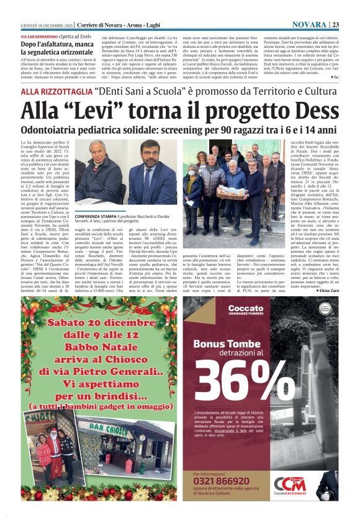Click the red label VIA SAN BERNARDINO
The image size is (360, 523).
(x=38, y=38)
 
